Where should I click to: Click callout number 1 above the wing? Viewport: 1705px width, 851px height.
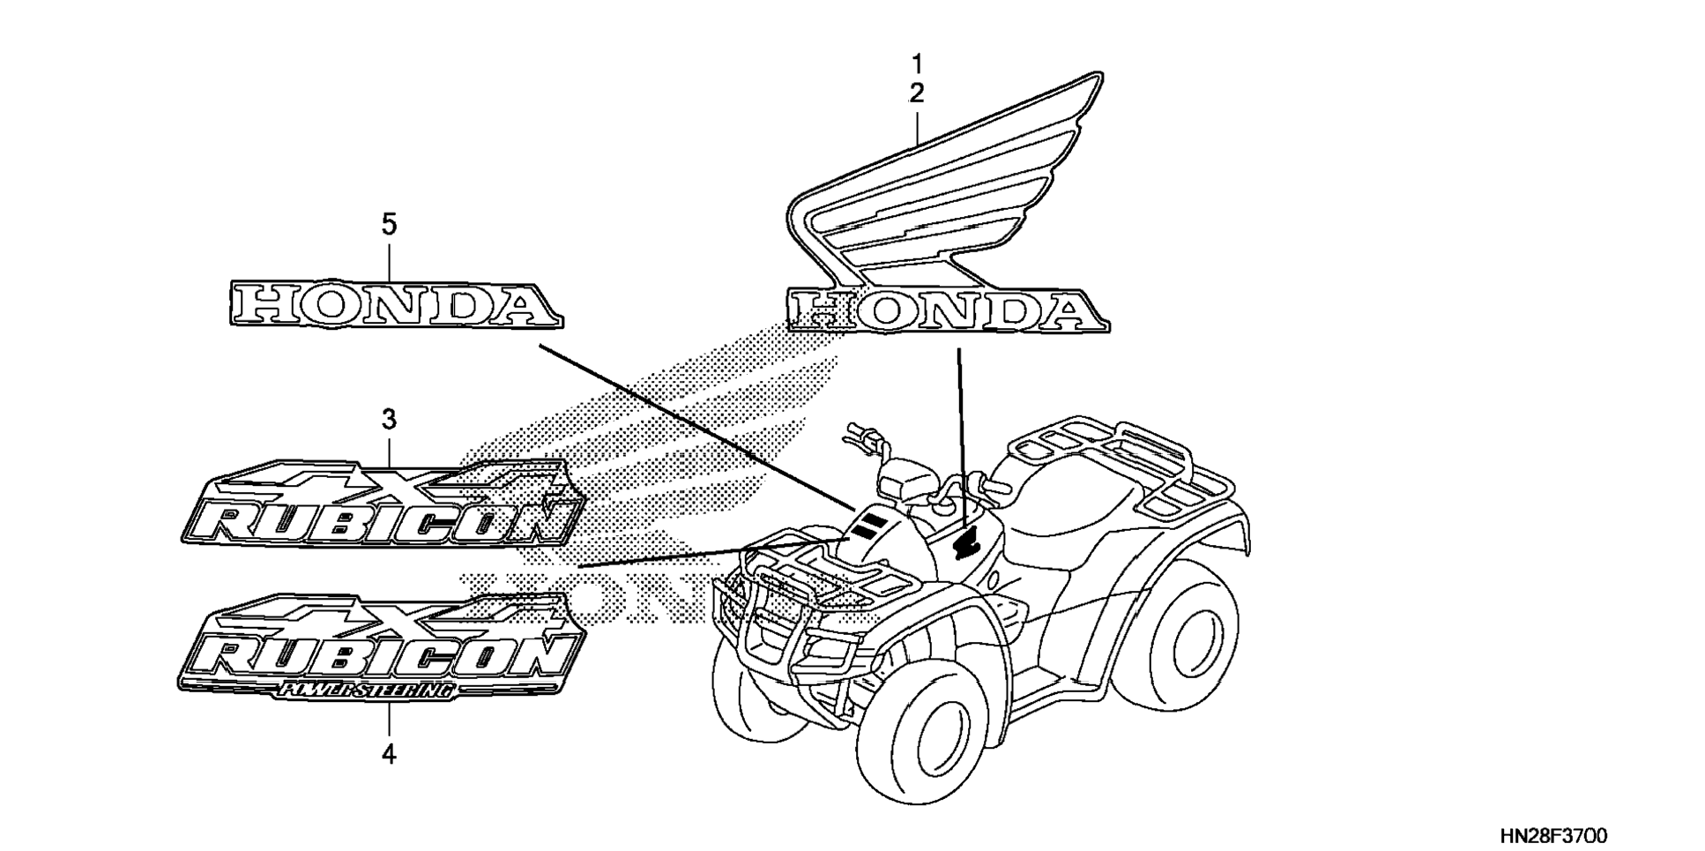(916, 63)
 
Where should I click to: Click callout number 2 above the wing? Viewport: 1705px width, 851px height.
(916, 93)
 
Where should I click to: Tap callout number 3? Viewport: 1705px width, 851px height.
(389, 420)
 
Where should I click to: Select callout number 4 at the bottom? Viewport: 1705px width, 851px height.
(389, 755)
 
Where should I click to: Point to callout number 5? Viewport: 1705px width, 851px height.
(389, 225)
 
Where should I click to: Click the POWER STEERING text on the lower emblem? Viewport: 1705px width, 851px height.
(366, 691)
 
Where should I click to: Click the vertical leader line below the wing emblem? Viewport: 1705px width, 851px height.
(961, 432)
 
